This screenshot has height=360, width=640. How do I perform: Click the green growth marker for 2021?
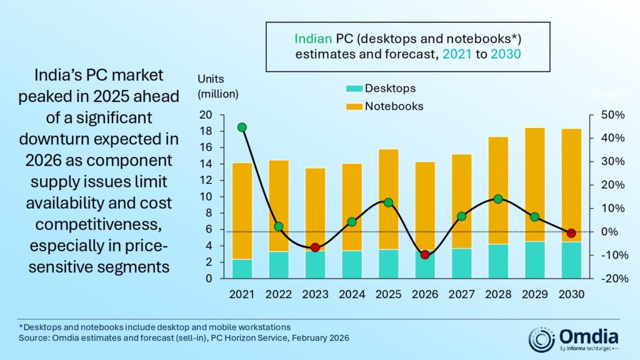pos(242,127)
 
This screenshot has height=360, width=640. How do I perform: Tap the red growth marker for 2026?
pos(425,254)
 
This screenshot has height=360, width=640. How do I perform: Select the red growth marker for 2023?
pos(315,247)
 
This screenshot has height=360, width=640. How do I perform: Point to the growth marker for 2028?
pos(498,199)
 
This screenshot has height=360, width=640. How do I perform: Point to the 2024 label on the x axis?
pos(352,294)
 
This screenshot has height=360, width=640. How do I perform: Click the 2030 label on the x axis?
pos(571,294)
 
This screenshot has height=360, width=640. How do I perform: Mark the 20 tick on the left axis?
pos(206,115)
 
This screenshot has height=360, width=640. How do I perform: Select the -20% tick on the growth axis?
pos(605,279)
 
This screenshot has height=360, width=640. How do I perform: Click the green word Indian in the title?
pos(311,38)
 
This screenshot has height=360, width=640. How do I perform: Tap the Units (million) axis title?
pos(217,86)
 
